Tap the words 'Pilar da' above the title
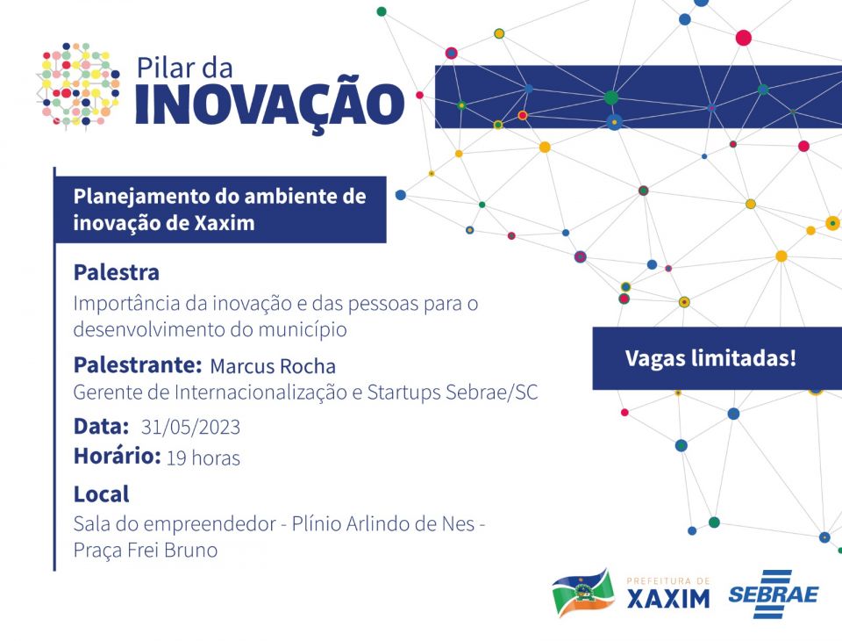185,68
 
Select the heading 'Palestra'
117,272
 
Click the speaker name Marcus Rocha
273,366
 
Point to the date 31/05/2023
190,427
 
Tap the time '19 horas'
203,458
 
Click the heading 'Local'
102,494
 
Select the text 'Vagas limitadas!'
710,358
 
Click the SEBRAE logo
774,594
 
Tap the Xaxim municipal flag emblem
583,593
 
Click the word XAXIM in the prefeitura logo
668,599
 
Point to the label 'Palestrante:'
138,365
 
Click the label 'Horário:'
117,456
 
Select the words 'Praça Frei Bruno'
146,551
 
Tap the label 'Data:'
101,427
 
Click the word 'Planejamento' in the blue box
141,198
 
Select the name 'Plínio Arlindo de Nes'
383,523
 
